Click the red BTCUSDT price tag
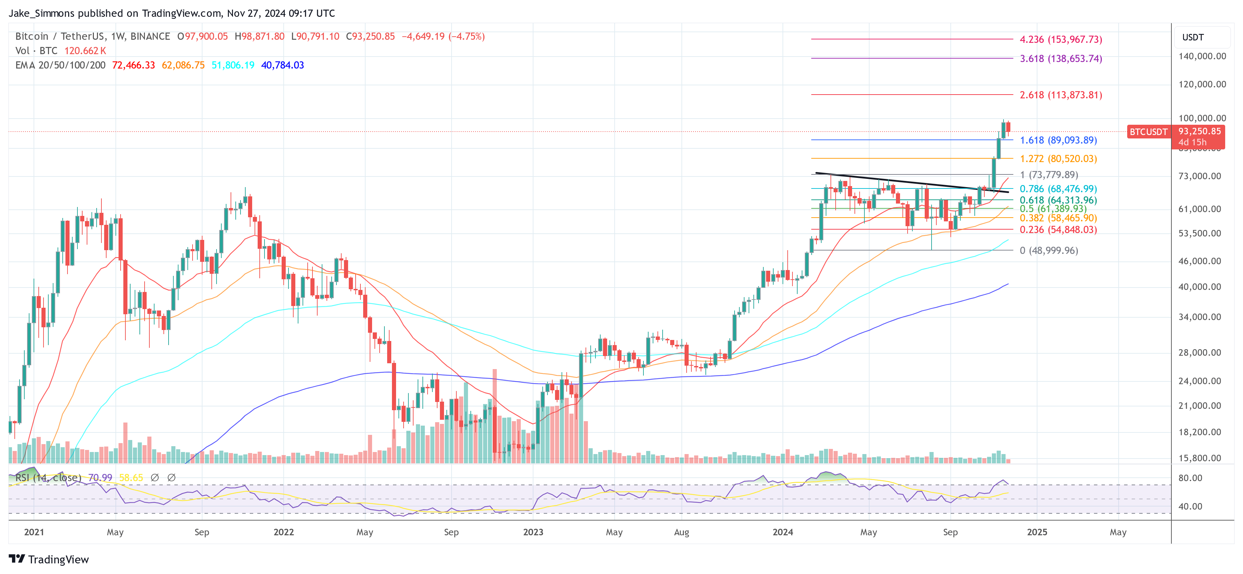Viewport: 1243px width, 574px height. (1148, 132)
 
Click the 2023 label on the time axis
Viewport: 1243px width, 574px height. (533, 532)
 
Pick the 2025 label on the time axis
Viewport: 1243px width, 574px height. (1037, 532)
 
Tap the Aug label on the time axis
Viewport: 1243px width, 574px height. (681, 532)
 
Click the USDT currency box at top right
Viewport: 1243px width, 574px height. (1193, 37)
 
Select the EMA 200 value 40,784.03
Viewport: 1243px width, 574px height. (282, 65)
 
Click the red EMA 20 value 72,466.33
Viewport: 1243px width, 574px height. (133, 65)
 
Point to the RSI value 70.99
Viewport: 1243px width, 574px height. (100, 477)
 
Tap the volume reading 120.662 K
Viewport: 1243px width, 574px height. (85, 51)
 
